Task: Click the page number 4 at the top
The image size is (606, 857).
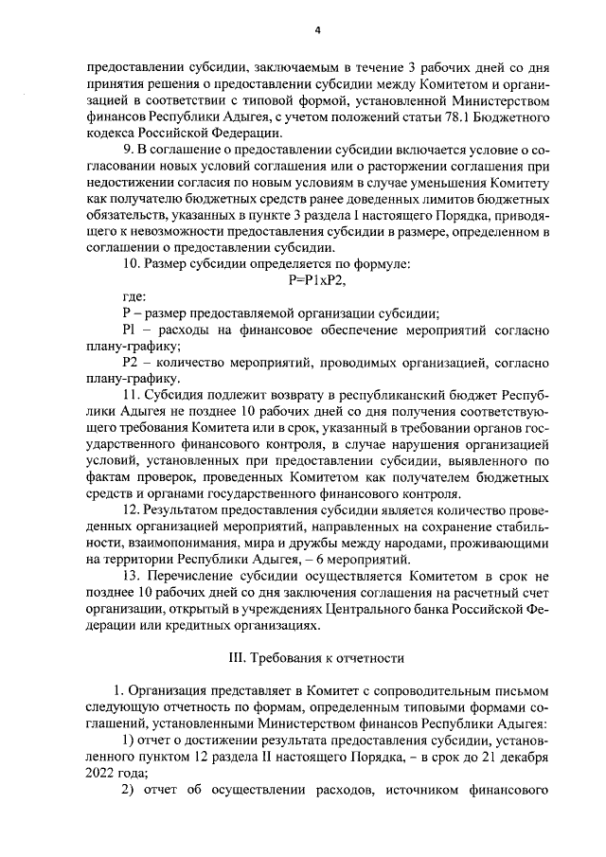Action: [318, 30]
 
